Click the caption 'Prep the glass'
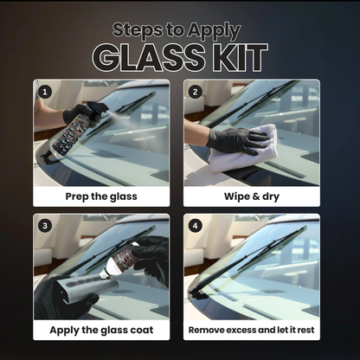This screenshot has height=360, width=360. [102, 196]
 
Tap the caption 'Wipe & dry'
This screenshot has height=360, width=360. [252, 196]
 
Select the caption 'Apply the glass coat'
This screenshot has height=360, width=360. [102, 330]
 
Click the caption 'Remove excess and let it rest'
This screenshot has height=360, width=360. [252, 330]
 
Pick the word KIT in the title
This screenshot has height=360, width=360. [236, 55]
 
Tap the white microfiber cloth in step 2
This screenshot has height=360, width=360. [246, 147]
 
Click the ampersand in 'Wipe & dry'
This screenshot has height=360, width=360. [250, 196]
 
